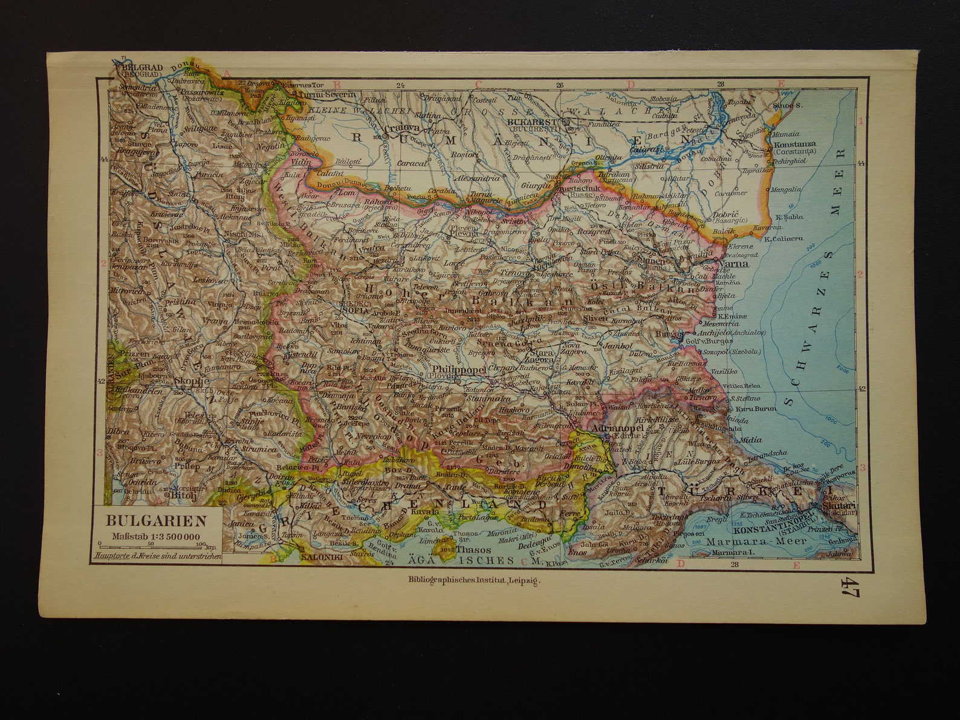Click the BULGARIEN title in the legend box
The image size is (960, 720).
point(156,521)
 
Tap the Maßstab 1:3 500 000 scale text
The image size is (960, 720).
point(156,535)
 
